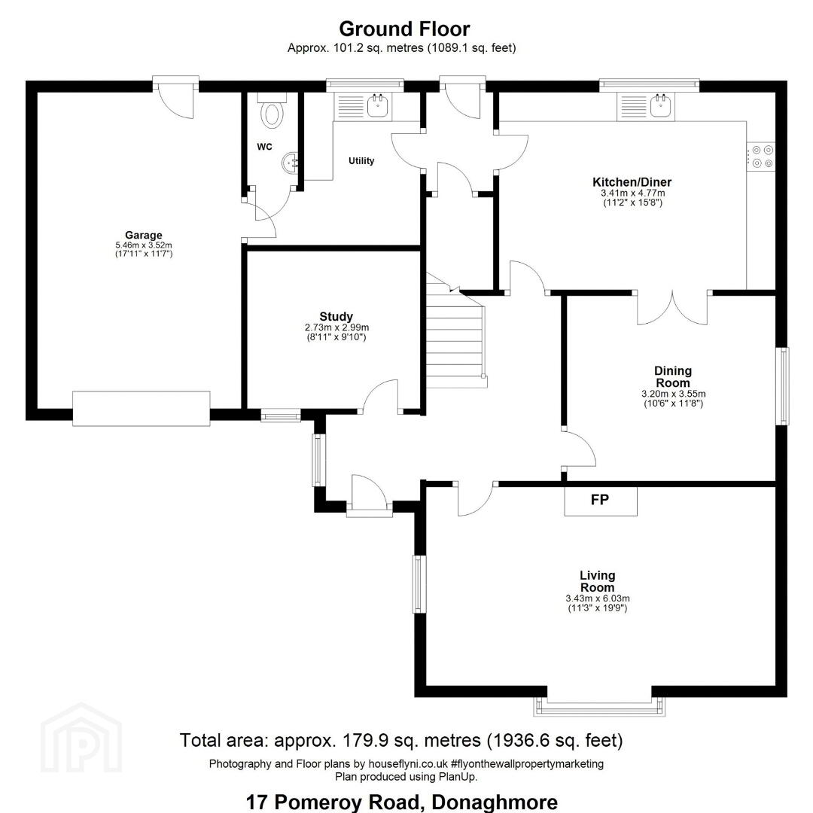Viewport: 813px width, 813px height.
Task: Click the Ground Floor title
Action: click(404, 29)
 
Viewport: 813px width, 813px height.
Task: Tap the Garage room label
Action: click(144, 235)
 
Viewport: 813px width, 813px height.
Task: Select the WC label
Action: click(264, 147)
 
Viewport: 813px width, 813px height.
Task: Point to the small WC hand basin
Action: click(291, 163)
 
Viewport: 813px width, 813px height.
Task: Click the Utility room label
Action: click(361, 161)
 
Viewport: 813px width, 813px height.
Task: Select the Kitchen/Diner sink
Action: click(661, 105)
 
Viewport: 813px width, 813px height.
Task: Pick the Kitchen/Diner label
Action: click(632, 182)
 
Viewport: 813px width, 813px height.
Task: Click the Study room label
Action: click(336, 316)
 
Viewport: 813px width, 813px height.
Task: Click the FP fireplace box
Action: click(601, 501)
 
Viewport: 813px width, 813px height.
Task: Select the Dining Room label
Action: click(673, 377)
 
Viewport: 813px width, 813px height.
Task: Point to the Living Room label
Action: click(597, 581)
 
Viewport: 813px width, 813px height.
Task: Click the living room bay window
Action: click(599, 705)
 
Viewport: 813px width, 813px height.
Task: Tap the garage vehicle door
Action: click(141, 409)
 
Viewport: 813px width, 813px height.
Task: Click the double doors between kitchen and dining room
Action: click(672, 308)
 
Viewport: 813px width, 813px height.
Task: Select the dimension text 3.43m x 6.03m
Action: click(597, 598)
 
